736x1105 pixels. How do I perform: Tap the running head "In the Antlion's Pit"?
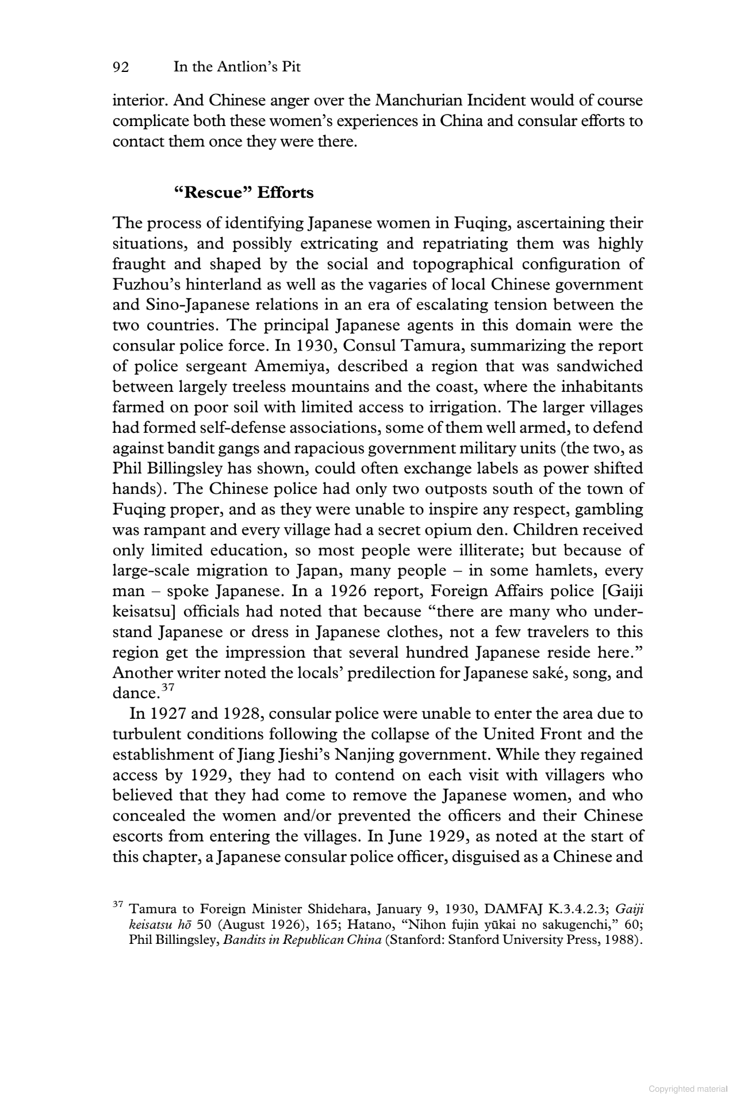point(237,67)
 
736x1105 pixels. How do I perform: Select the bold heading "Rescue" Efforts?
point(244,192)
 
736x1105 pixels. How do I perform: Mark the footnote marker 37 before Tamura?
point(118,905)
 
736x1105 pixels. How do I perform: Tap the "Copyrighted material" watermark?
point(688,1089)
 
